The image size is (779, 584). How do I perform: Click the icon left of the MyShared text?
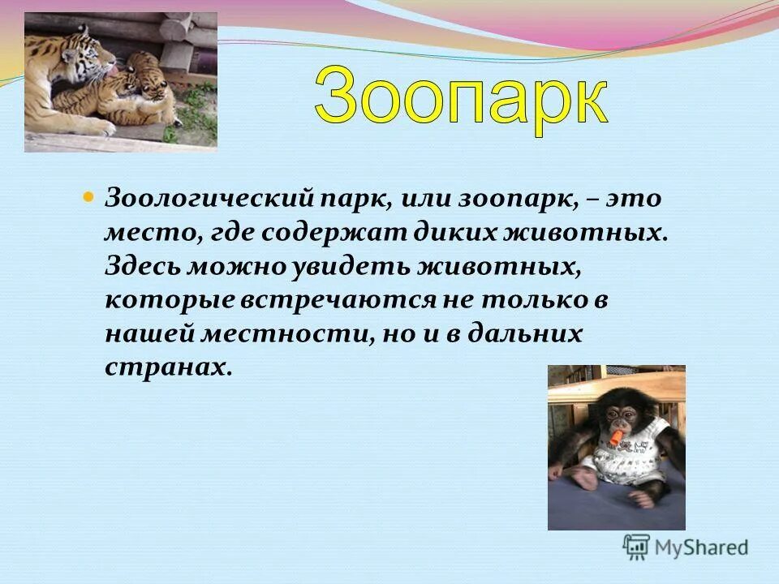[x=636, y=546]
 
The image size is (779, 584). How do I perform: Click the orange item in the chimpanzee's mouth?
[x=618, y=439]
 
